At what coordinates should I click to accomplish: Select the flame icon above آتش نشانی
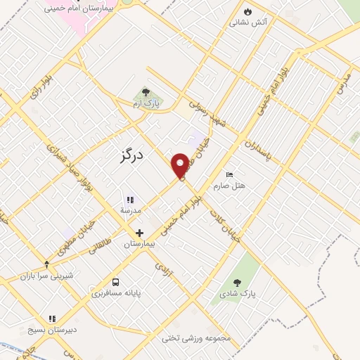point(247,11)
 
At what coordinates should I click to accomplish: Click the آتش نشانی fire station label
point(248,22)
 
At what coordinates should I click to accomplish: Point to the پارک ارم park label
point(146,103)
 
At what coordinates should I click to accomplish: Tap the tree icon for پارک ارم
point(146,92)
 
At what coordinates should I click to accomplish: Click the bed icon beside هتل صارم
point(229,175)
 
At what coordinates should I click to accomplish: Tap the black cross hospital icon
point(139,233)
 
